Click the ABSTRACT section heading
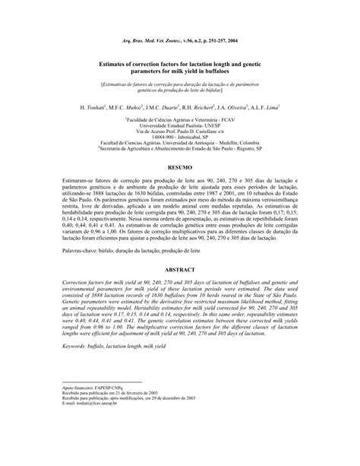[x=179, y=269]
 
